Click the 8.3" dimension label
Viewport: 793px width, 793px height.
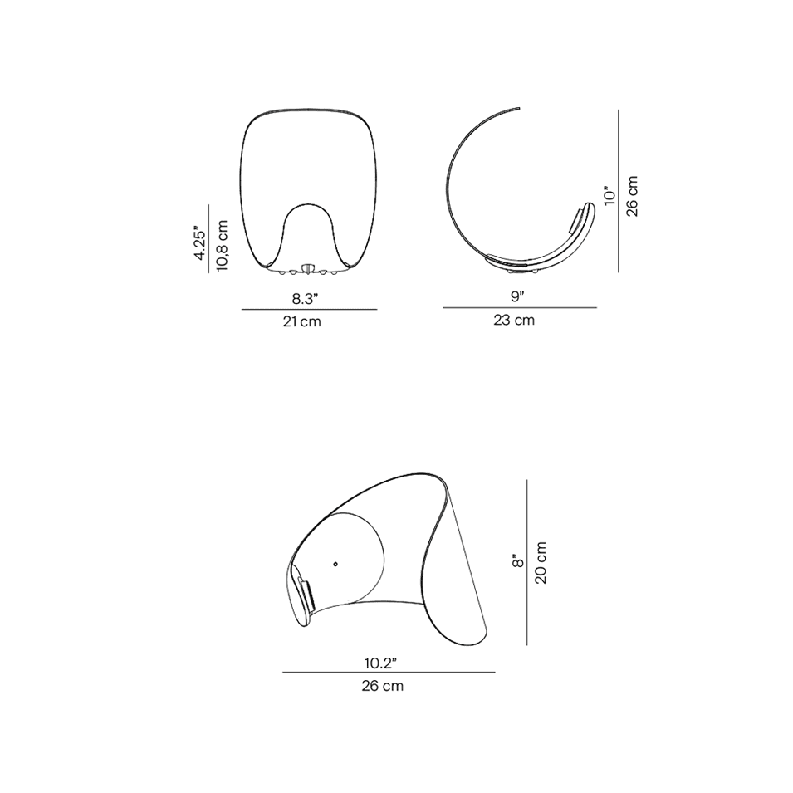click(305, 298)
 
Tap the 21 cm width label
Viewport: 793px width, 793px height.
click(302, 321)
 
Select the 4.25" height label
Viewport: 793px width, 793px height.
click(200, 245)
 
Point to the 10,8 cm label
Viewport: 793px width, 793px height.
click(223, 246)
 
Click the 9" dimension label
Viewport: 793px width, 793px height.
click(516, 297)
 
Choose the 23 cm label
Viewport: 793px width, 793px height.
click(514, 321)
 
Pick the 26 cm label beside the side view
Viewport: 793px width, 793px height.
click(632, 196)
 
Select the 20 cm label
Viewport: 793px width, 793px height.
click(541, 562)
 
